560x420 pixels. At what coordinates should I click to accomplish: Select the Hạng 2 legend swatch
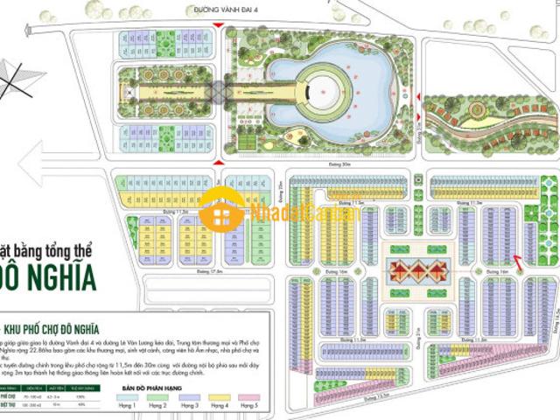159,398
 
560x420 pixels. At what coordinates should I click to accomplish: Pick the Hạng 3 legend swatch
189,398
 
